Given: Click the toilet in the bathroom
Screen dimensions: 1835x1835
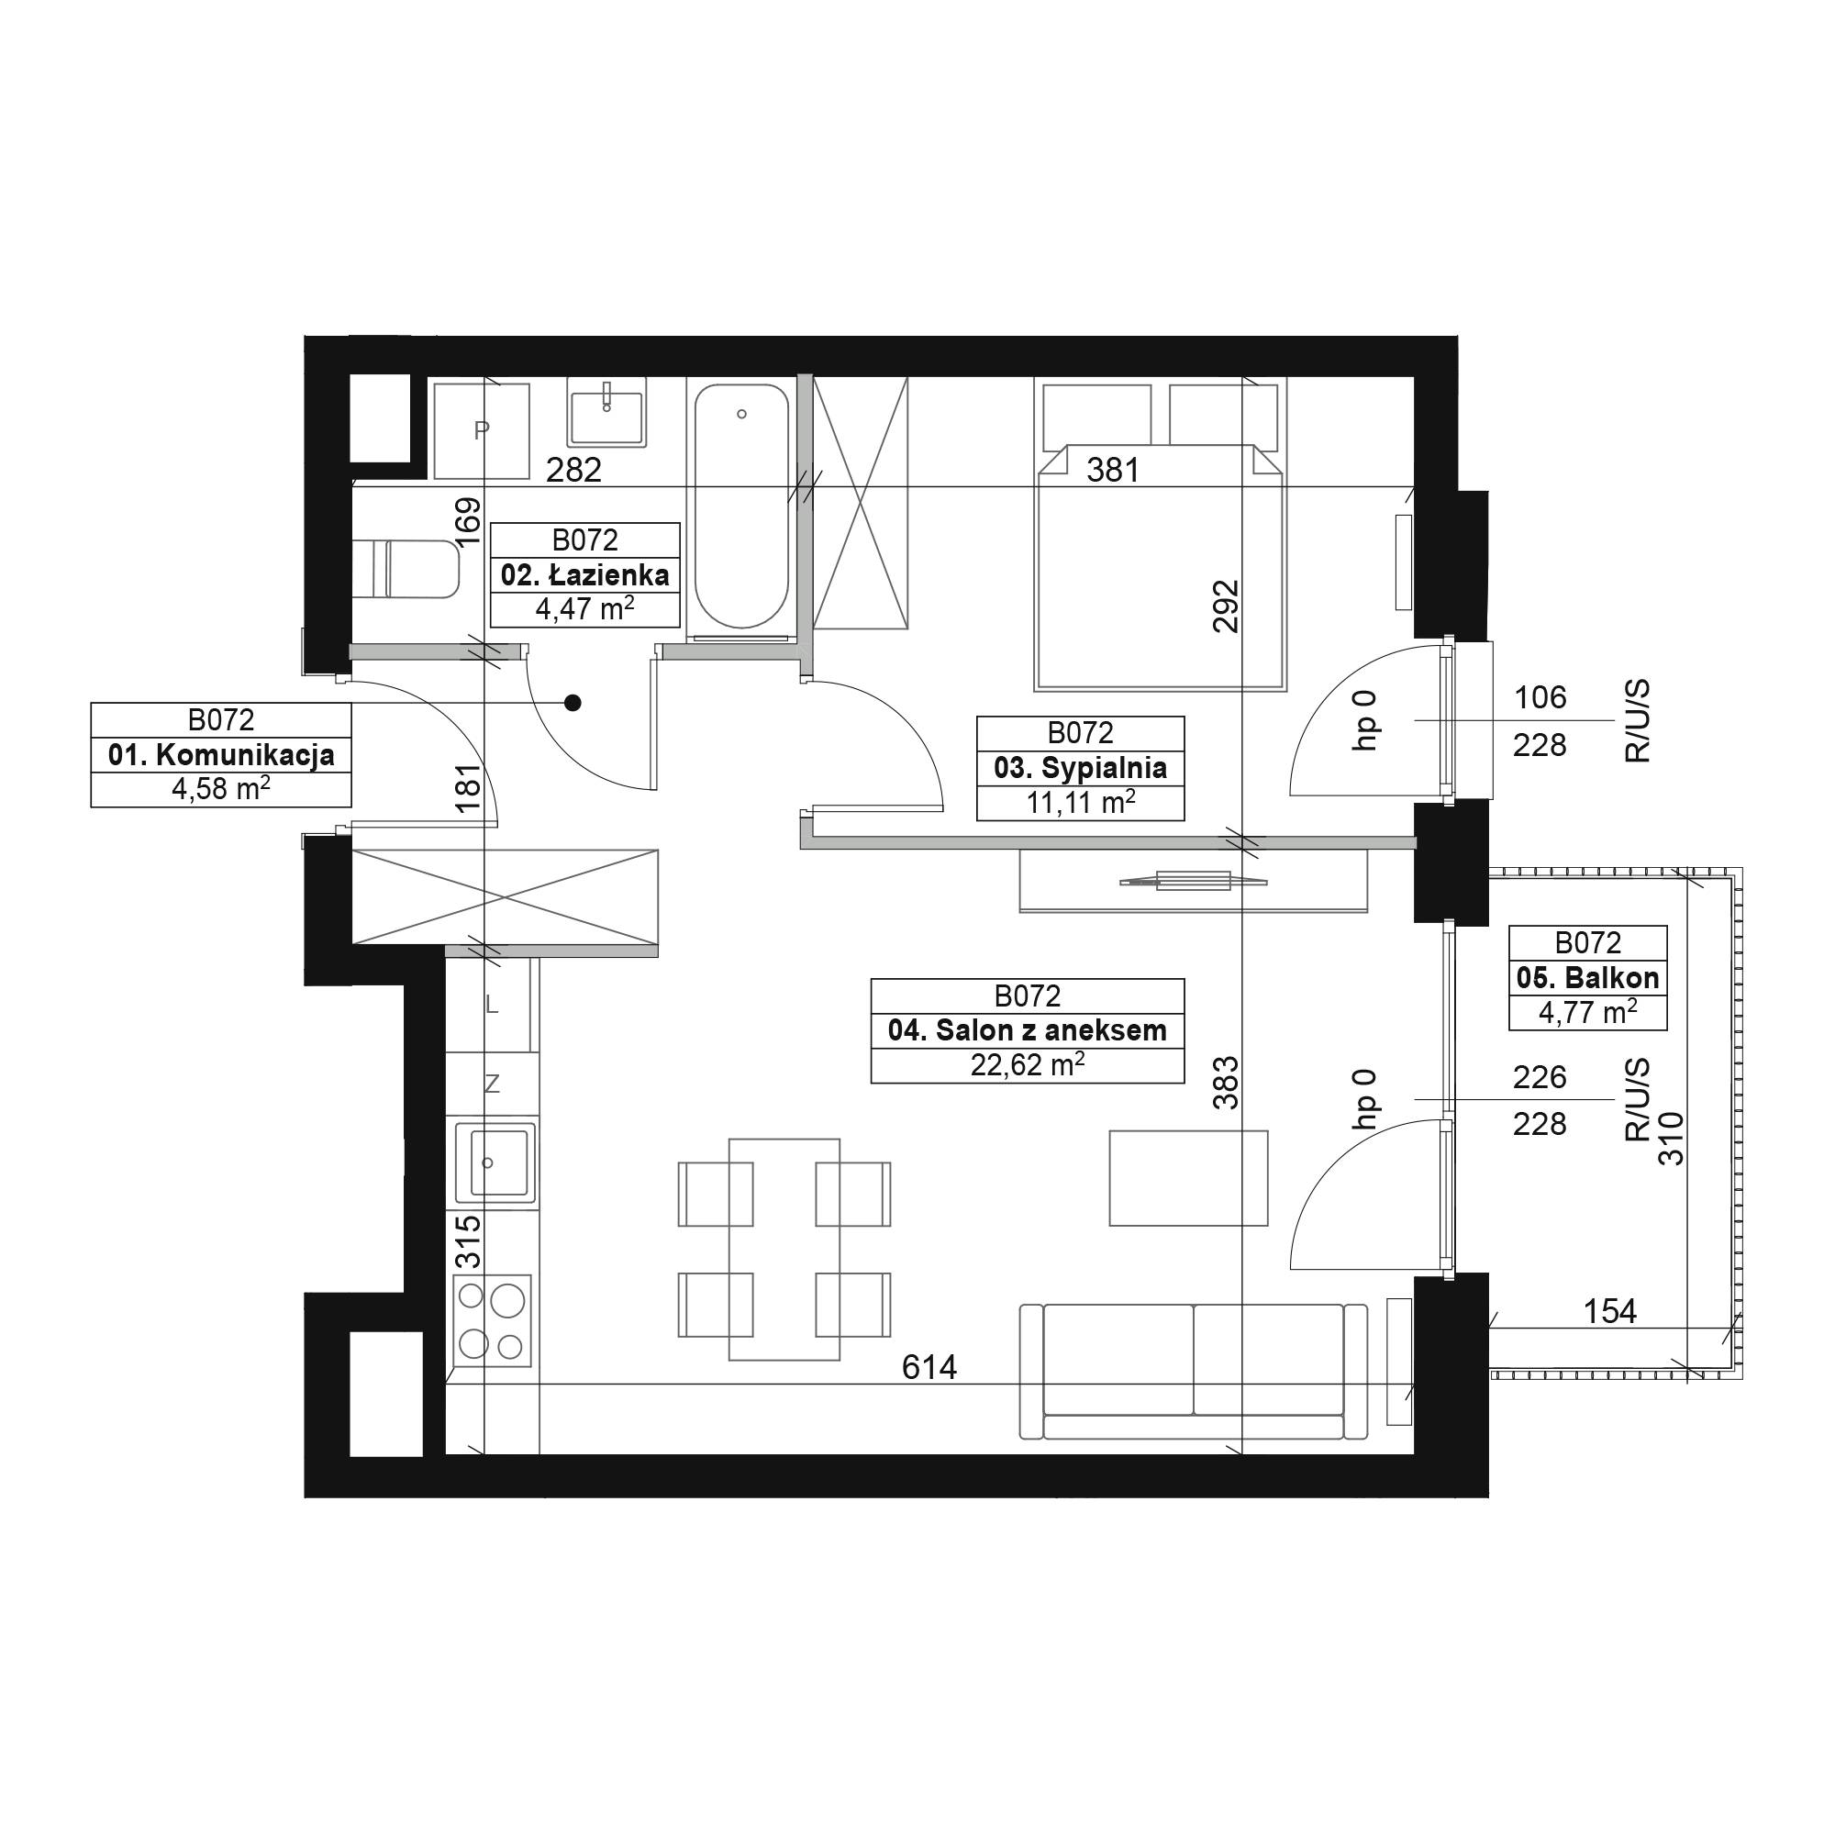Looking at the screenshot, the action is (406, 570).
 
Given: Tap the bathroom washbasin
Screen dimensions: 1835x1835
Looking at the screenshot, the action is (606, 411).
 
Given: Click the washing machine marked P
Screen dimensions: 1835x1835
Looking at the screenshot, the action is (482, 431).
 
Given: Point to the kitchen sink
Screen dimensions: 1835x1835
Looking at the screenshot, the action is (495, 1162).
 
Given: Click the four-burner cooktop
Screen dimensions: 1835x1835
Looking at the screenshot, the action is (492, 1321).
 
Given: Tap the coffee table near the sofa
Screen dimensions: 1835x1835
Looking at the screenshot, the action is (1188, 1178).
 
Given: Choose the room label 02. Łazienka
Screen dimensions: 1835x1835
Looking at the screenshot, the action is (585, 574).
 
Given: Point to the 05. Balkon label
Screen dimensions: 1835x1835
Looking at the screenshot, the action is (1588, 977).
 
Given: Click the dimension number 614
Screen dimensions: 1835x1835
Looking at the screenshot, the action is (929, 1367).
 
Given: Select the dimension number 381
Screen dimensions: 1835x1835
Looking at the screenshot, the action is (1112, 469).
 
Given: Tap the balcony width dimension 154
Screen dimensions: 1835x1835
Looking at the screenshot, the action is (1610, 1312).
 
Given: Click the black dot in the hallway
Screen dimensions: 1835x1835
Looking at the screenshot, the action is (573, 703).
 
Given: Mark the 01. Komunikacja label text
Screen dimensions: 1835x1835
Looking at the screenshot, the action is (221, 755).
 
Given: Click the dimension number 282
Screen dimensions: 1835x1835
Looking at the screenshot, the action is (573, 469).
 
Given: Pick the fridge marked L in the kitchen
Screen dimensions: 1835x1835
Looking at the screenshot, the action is (492, 1004).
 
